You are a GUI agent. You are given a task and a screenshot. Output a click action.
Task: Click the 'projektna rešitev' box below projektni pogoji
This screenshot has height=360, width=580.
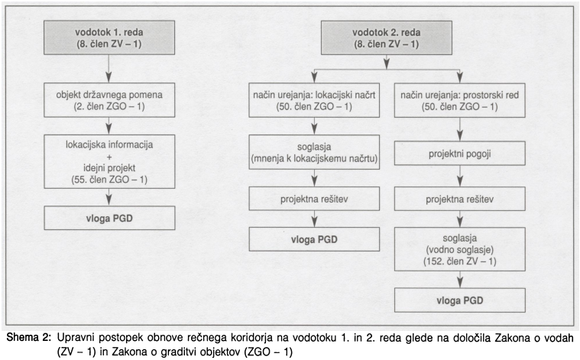coord(460,201)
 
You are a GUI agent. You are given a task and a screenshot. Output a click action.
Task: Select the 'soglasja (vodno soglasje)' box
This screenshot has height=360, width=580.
coord(460,249)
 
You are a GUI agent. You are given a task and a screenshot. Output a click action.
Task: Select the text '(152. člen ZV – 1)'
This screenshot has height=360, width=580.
coord(460,262)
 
